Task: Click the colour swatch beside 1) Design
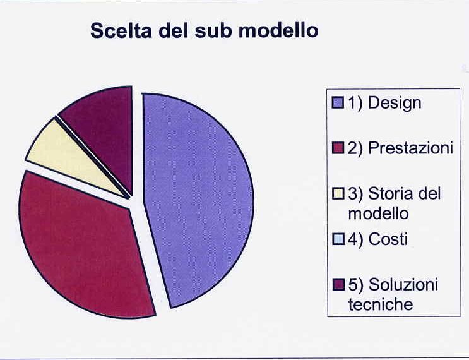pos(338,103)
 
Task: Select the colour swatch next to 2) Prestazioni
pos(338,148)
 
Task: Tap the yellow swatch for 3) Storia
pos(338,194)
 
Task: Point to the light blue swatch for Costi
pos(338,239)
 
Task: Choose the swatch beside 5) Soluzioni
pos(338,285)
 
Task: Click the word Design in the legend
pos(395,103)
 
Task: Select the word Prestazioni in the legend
pos(410,148)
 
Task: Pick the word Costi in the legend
pos(388,239)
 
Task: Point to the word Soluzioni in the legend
pos(403,284)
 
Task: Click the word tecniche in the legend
pos(381,304)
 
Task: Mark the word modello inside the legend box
pos(378,213)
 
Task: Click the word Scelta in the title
pos(121,30)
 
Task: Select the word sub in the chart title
pos(213,30)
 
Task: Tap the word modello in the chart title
pos(278,30)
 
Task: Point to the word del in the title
pos(174,30)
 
